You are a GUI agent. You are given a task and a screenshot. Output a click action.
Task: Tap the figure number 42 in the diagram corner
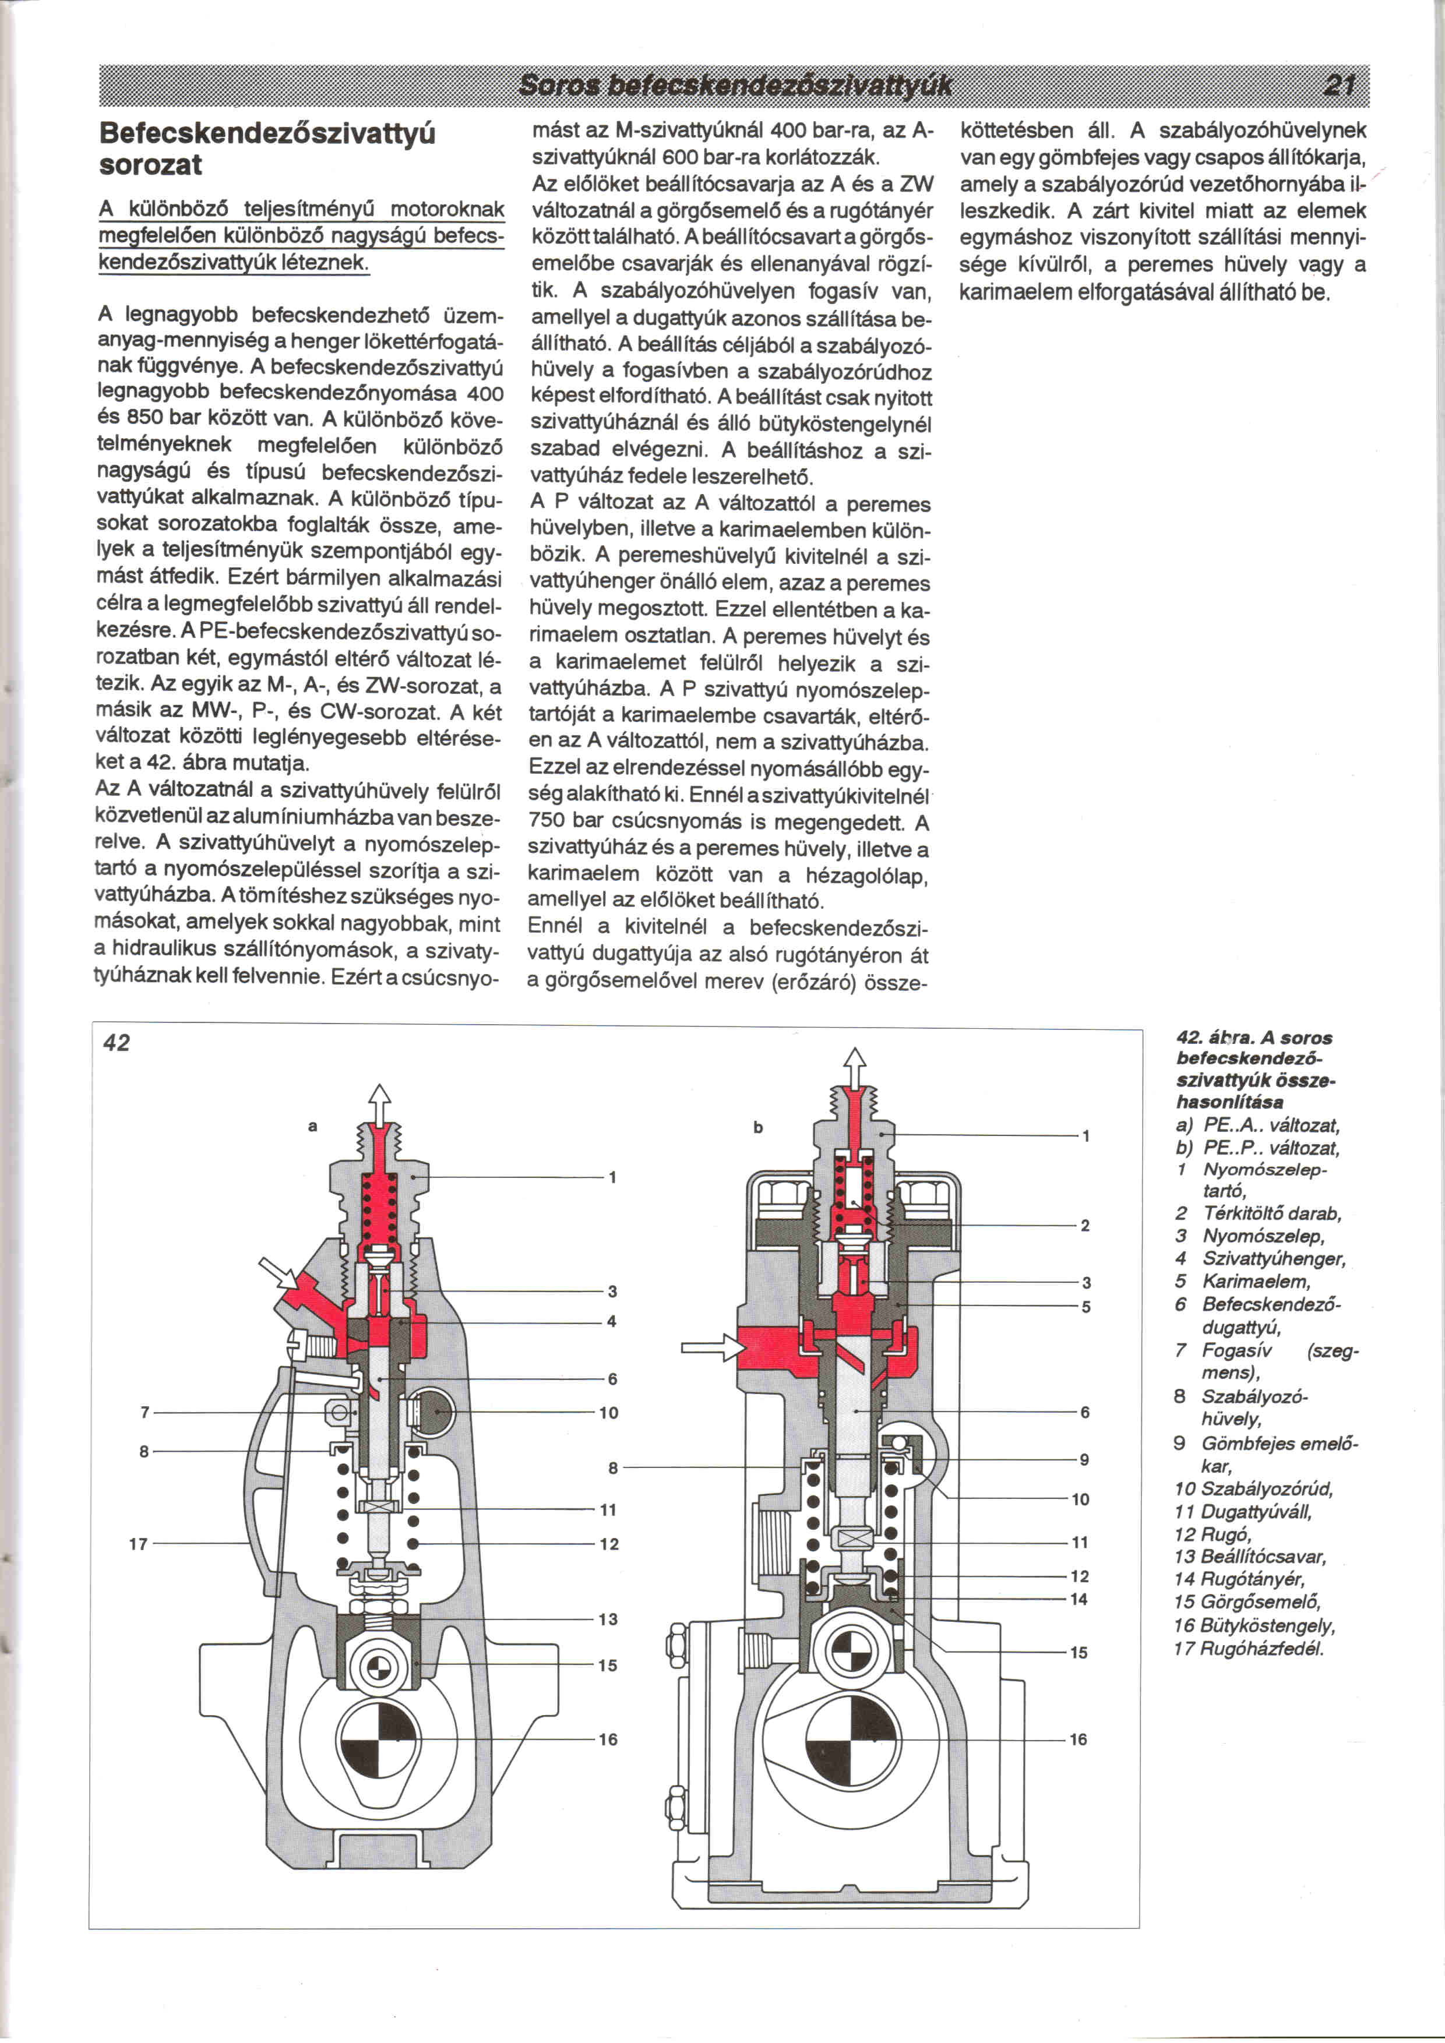pyautogui.click(x=117, y=1043)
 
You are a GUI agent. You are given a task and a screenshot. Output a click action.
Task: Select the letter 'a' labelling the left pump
pyautogui.click(x=312, y=1127)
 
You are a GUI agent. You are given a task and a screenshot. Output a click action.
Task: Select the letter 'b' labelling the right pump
pyautogui.click(x=758, y=1127)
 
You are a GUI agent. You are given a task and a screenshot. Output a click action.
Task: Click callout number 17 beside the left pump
pyautogui.click(x=138, y=1544)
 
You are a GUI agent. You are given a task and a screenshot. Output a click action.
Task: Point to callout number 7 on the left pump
pyautogui.click(x=144, y=1412)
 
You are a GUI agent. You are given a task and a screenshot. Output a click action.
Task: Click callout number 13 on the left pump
pyautogui.click(x=608, y=1619)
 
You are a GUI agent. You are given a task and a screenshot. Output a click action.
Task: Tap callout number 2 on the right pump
pyautogui.click(x=1085, y=1225)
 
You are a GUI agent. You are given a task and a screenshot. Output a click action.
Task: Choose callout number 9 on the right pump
pyautogui.click(x=1084, y=1459)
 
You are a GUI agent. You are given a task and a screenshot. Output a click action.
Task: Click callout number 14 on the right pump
pyautogui.click(x=1079, y=1599)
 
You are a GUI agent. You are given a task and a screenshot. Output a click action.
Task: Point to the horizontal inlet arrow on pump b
pyautogui.click(x=712, y=1348)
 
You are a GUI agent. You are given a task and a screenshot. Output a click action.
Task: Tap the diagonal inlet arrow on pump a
pyautogui.click(x=279, y=1274)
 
